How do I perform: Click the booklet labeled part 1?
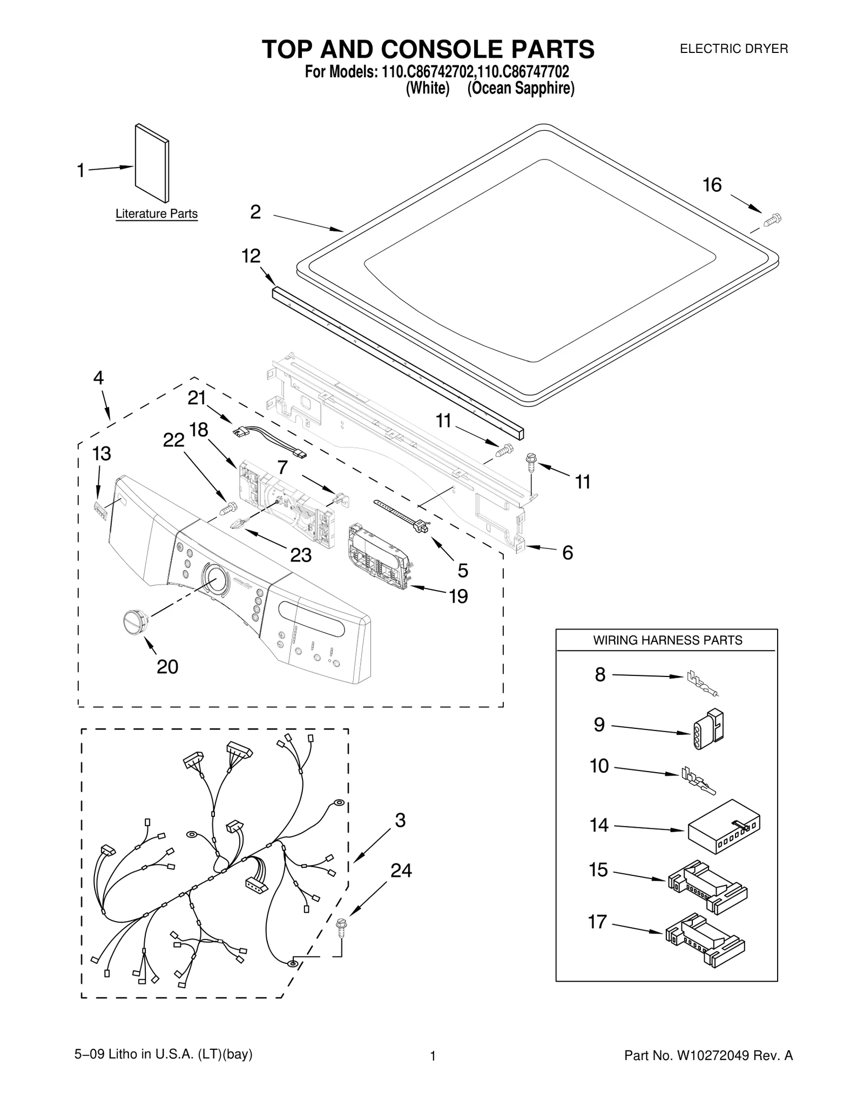click(x=152, y=163)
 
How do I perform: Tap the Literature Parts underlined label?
click(x=157, y=214)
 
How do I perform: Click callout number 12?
click(x=251, y=256)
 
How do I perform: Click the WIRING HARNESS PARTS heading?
click(x=667, y=640)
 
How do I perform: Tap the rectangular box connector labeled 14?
click(x=724, y=826)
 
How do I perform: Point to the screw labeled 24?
click(x=341, y=925)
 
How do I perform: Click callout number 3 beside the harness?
click(x=400, y=820)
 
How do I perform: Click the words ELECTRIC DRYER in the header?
click(x=733, y=49)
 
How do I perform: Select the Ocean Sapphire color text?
click(x=521, y=88)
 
